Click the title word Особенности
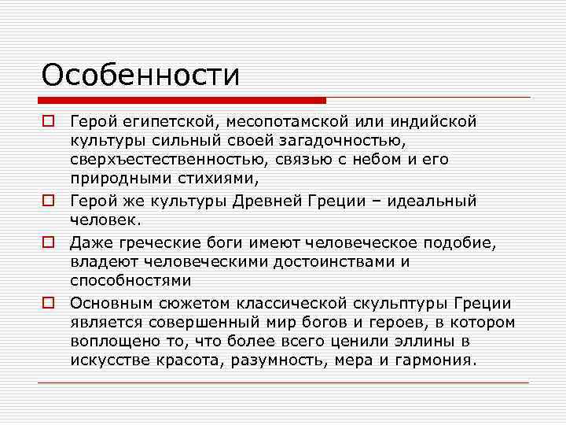point(141,76)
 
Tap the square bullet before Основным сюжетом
point(48,303)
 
